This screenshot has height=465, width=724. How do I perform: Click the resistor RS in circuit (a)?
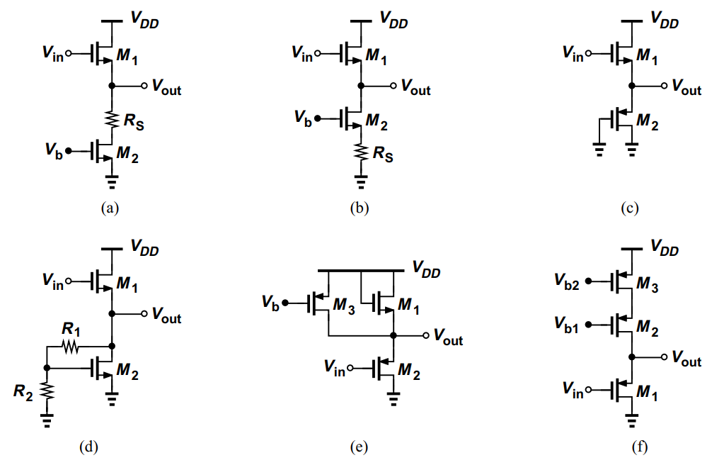tap(111, 118)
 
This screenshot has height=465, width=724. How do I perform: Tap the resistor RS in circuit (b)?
tap(361, 152)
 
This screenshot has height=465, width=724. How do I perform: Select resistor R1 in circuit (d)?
tap(71, 347)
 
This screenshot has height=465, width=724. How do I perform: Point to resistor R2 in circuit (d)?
tap(47, 390)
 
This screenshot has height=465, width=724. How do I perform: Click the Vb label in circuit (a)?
tap(52, 150)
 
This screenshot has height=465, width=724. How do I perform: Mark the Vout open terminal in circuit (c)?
tap(664, 86)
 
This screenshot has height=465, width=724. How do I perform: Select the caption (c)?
tap(630, 208)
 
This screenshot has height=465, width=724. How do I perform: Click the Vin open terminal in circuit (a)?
tap(68, 52)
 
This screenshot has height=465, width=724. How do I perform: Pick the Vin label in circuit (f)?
tap(573, 389)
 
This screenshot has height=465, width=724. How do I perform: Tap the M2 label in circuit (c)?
tap(648, 122)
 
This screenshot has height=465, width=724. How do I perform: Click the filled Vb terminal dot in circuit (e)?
tap(286, 303)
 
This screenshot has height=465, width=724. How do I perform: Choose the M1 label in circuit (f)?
tap(646, 391)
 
